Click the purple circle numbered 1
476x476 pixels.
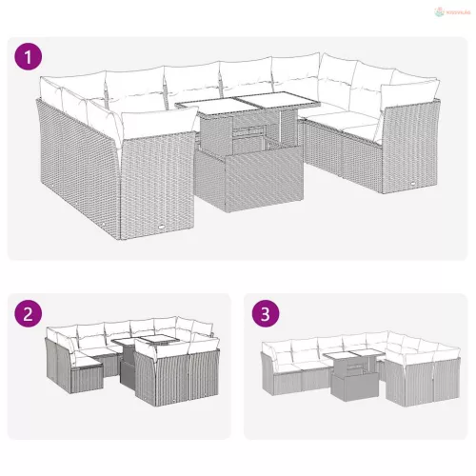[29, 57]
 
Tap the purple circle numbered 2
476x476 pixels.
[29, 313]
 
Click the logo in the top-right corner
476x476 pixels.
[450, 11]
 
